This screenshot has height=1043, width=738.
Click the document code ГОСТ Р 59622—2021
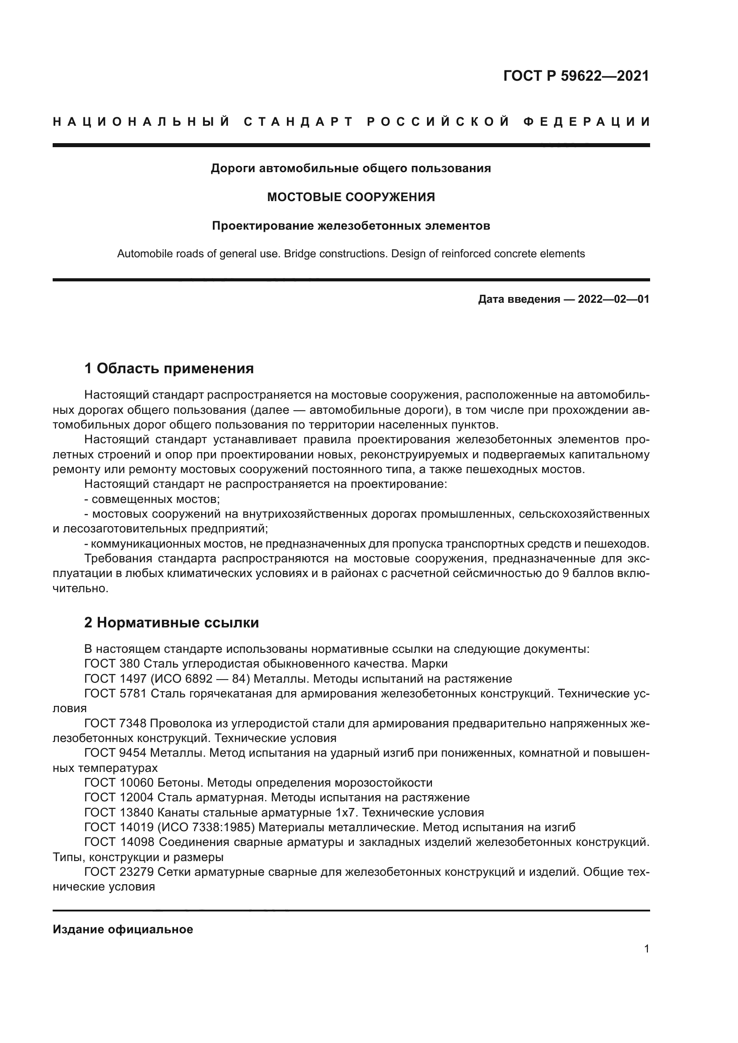point(576,76)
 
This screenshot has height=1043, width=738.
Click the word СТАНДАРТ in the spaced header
point(298,122)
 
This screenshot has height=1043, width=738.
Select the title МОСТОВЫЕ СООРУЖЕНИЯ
point(351,197)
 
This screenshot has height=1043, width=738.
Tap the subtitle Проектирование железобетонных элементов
point(351,226)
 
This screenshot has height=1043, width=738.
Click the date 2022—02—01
point(613,299)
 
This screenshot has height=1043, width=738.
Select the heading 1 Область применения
point(169,368)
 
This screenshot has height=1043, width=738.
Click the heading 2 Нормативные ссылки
point(171,623)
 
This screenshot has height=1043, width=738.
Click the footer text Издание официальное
point(123,929)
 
